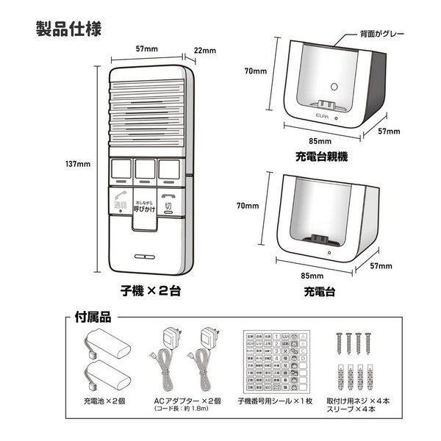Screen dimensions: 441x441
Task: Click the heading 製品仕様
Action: click(73, 29)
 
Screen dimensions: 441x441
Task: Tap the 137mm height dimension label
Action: click(78, 164)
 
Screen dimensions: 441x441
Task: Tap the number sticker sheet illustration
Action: click(275, 361)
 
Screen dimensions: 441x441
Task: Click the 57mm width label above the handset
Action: click(147, 49)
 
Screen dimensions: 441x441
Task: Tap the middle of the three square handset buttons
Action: click(146, 171)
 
